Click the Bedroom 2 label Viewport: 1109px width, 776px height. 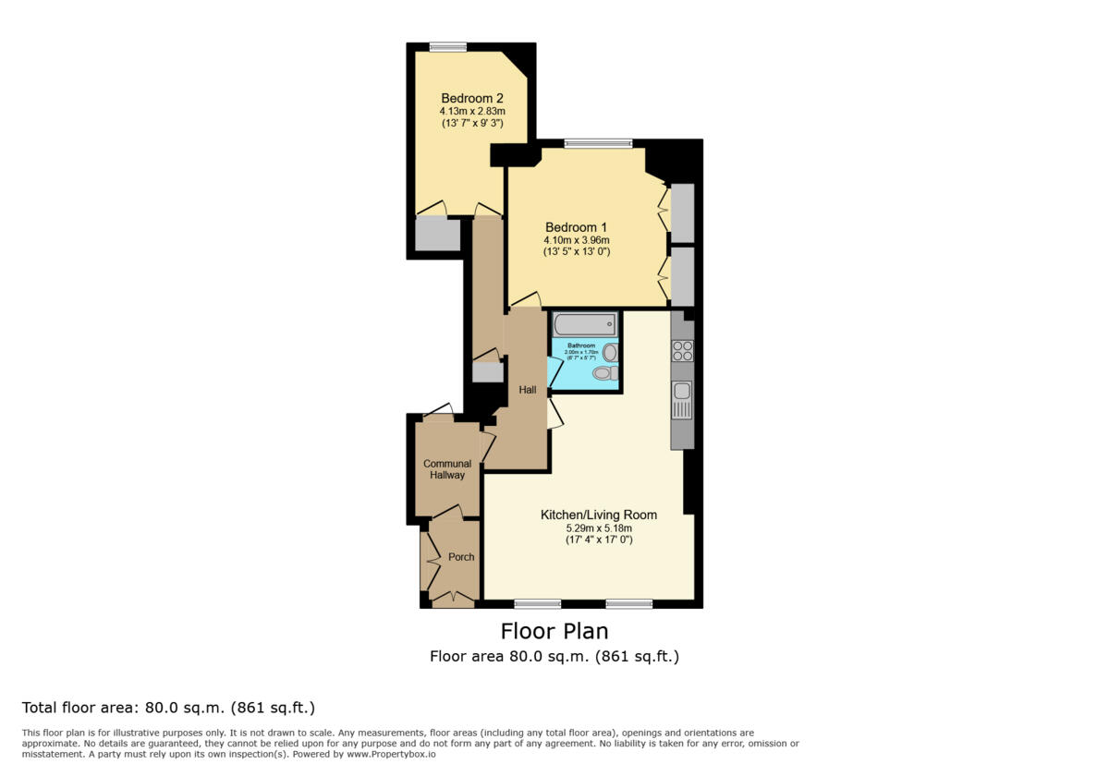471,99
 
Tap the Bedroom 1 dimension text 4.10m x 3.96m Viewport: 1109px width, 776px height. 577,239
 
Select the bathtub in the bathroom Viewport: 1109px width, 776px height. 584,324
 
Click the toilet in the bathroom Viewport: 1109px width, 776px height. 605,373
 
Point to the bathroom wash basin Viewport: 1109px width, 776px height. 609,352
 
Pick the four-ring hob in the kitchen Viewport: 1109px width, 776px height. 682,351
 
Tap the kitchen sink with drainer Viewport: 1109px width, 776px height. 682,401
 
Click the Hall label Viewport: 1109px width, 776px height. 528,390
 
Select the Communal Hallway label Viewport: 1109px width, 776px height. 447,469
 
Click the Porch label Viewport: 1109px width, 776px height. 461,557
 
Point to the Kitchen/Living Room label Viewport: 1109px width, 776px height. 599,515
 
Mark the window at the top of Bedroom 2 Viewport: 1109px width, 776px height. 447,47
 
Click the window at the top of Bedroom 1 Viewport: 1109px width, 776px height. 599,143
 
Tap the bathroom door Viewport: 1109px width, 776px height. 554,371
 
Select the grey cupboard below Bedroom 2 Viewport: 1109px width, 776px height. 437,235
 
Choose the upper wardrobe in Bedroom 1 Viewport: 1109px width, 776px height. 682,213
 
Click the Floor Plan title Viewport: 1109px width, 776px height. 554,631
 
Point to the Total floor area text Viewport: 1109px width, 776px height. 168,709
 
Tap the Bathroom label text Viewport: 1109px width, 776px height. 581,346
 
